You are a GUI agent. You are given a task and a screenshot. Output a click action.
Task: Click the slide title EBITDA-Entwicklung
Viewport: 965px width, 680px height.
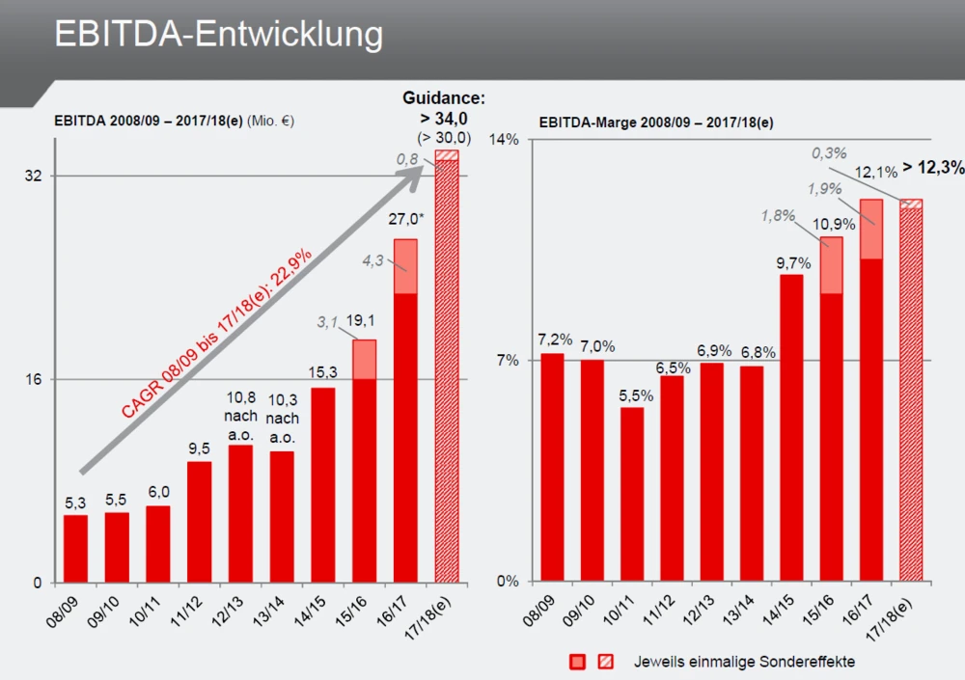pos(218,34)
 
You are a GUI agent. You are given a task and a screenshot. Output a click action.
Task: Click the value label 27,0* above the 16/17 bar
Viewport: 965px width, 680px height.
pos(406,219)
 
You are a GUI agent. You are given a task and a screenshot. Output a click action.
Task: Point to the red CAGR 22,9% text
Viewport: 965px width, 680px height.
pos(216,334)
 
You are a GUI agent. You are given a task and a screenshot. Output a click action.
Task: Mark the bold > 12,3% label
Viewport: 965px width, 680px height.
pos(933,168)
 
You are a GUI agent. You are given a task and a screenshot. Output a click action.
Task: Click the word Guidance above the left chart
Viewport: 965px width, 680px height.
pos(444,98)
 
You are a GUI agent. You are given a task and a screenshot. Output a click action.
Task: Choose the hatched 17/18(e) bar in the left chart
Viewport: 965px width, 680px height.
pos(447,367)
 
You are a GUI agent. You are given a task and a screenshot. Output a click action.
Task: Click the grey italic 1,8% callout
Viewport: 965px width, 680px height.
pos(778,216)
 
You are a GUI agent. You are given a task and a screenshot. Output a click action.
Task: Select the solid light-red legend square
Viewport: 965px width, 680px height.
pos(578,662)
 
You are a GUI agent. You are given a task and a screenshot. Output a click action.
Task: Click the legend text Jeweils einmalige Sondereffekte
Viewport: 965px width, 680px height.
pos(743,662)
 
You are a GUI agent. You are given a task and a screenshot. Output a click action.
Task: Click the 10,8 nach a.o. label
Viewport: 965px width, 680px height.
pos(240,416)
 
